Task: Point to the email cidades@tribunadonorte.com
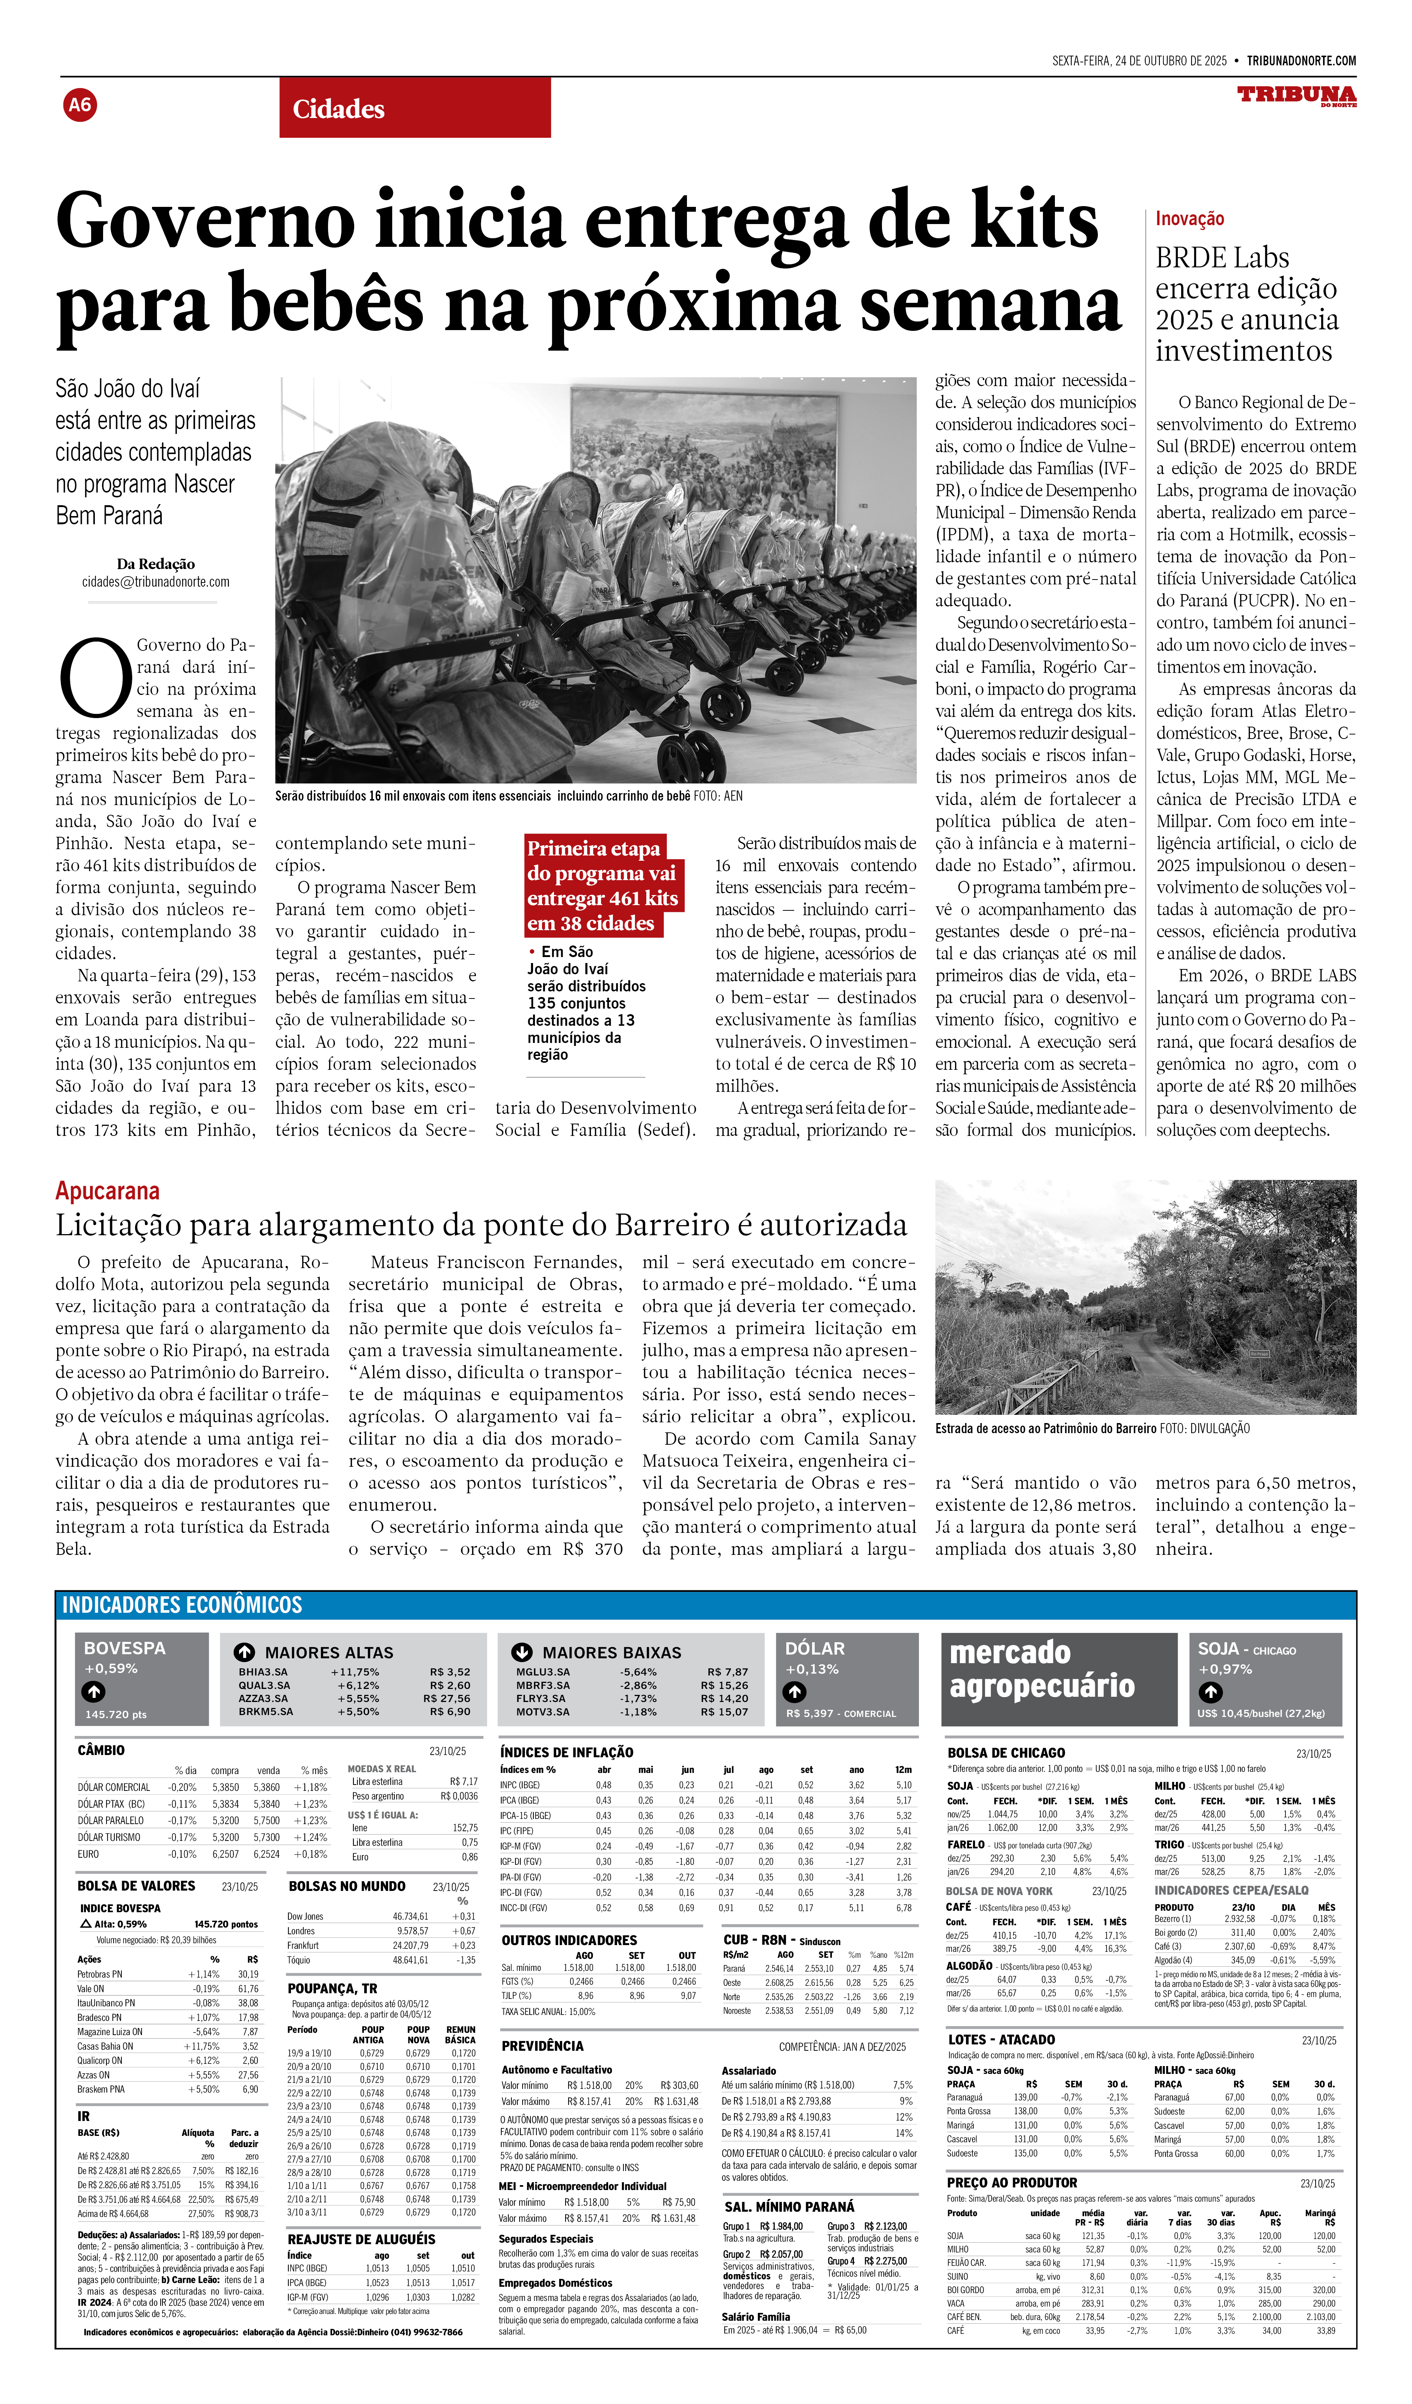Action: [155, 582]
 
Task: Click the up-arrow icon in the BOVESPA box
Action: [93, 1692]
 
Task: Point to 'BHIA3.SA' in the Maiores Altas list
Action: [263, 1671]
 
